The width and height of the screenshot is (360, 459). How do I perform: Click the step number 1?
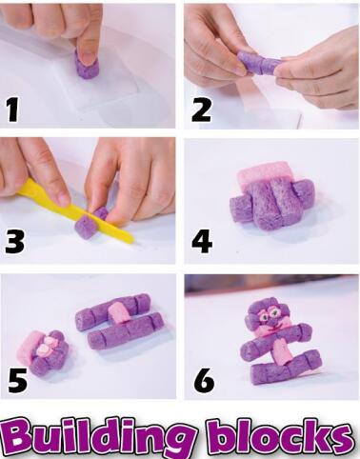[x=12, y=110]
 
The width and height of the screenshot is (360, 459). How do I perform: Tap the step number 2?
[x=201, y=110]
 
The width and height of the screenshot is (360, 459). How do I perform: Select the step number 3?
[x=14, y=241]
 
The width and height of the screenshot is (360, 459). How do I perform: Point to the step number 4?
[x=202, y=241]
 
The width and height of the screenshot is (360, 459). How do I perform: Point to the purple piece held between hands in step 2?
[x=259, y=63]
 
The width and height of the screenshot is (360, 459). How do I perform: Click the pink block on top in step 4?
[x=264, y=173]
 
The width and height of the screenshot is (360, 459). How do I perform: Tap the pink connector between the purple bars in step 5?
[x=119, y=313]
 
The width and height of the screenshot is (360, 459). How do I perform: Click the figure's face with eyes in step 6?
[x=270, y=314]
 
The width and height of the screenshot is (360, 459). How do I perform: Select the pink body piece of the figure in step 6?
[x=281, y=351]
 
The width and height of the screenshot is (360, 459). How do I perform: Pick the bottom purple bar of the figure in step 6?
[x=285, y=368]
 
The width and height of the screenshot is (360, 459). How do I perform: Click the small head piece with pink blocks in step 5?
[x=45, y=352]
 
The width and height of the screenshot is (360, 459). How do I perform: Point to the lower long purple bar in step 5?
[x=126, y=330]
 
